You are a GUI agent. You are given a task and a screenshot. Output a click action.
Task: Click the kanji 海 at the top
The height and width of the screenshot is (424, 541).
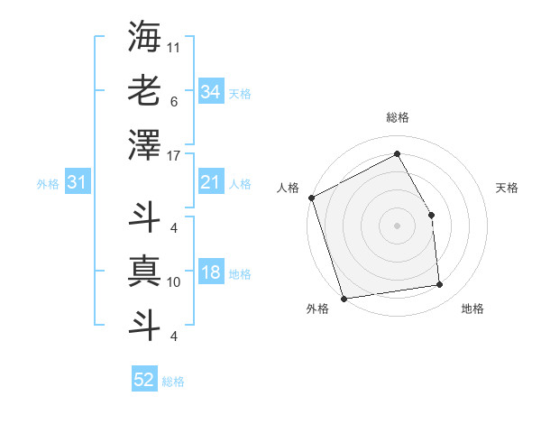[144, 37]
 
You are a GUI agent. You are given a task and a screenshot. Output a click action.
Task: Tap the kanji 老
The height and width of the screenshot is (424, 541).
[144, 91]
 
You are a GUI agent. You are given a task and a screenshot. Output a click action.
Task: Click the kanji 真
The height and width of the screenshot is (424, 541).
[144, 272]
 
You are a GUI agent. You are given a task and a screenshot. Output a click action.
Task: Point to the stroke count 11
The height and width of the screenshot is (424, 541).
[174, 46]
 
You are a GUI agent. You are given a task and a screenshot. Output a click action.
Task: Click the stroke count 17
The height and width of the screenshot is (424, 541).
[174, 156]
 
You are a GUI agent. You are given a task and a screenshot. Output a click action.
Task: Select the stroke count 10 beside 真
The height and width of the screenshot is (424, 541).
[174, 282]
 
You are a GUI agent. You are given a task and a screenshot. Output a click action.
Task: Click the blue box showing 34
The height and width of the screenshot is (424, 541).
[210, 92]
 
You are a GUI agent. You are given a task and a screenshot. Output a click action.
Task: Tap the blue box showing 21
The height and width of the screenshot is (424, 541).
[210, 183]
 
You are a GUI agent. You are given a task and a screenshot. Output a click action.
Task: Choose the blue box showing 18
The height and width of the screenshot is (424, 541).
[210, 273]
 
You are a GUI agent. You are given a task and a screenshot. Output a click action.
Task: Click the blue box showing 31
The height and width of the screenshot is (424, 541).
[77, 183]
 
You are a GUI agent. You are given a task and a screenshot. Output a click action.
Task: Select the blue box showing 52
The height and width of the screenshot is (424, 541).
[143, 380]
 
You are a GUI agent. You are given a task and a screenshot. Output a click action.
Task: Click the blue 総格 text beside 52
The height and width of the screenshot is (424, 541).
[173, 382]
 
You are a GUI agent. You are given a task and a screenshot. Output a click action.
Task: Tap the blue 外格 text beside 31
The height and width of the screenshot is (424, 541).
[48, 184]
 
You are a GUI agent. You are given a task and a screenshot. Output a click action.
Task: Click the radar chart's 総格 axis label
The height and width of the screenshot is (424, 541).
[397, 117]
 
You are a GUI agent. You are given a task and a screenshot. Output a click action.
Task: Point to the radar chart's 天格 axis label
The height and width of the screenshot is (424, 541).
[508, 188]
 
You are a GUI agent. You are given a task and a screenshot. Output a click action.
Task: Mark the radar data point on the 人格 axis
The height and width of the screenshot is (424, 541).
[311, 198]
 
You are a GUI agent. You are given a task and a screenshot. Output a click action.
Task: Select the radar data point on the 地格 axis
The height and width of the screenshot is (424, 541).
[440, 285]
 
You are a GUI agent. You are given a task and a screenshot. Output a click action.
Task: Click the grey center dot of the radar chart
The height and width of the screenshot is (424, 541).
[397, 226]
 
